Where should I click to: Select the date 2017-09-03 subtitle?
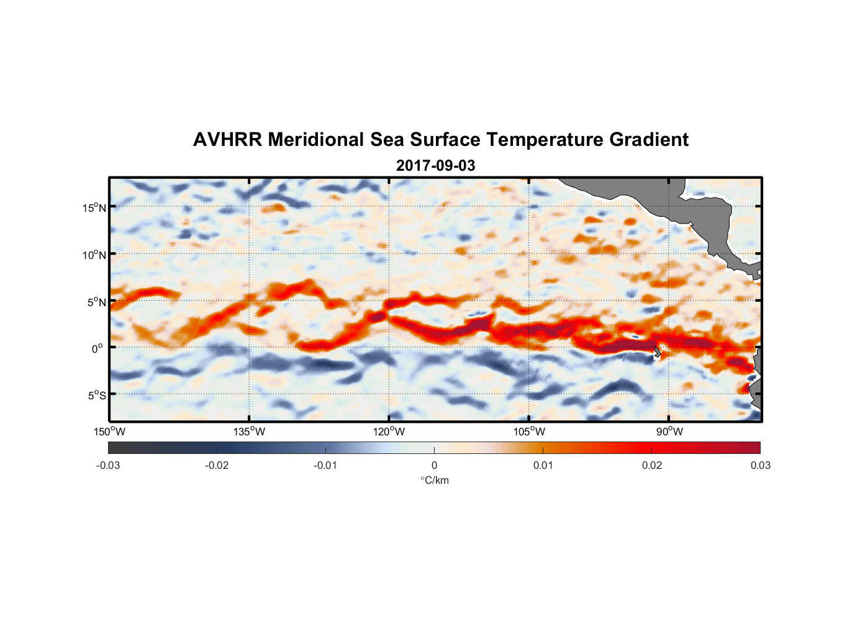tap(435, 166)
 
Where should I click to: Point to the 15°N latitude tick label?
tap(94, 207)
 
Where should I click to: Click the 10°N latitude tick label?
tap(94, 255)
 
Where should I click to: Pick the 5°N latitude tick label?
tap(96, 302)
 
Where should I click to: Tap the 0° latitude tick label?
tap(97, 348)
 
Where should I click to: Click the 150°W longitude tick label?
tap(109, 432)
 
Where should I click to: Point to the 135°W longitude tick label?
tap(249, 432)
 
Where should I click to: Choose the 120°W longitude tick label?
tap(389, 432)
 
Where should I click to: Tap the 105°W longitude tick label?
tap(529, 432)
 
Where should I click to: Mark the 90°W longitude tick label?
tap(669, 432)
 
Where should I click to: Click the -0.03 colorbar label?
tap(108, 465)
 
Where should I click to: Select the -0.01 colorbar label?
tap(325, 465)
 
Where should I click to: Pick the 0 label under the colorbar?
tap(434, 465)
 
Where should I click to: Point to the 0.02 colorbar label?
tap(652, 465)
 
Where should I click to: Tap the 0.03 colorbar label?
tap(760, 465)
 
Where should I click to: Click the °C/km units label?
tap(434, 480)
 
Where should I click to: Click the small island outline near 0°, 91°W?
tap(658, 352)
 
